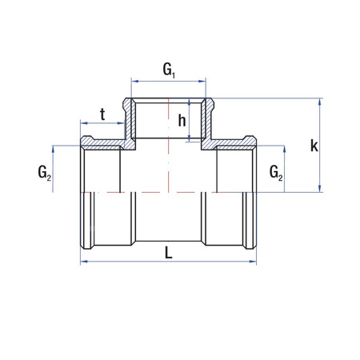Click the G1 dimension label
(170, 70)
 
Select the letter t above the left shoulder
(102, 114)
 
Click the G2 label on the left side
(44, 172)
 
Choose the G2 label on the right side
(275, 172)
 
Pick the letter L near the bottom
(168, 252)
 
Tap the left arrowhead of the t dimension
(83, 124)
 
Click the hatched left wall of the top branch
(128, 120)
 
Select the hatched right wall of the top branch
(210, 120)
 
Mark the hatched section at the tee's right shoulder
(232, 145)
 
